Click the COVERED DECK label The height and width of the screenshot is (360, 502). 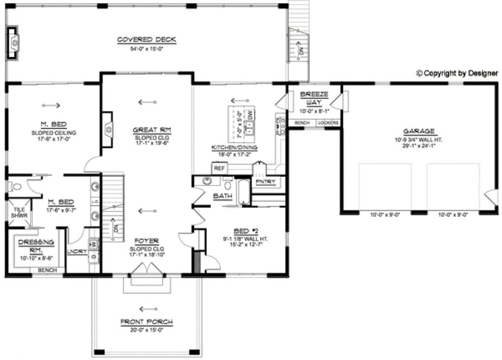coord(146,40)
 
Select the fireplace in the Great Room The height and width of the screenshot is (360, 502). coord(107,129)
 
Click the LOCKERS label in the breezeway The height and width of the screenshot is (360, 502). coord(328,123)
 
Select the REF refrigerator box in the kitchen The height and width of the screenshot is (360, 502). coord(219,169)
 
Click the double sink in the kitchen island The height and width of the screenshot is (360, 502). coord(250,128)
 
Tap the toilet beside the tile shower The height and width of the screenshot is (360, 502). coord(16,187)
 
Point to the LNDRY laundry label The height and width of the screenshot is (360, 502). coord(76,252)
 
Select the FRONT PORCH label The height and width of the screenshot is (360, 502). coord(146,322)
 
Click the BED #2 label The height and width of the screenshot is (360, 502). coord(246,230)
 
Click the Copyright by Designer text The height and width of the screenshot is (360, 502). coord(456,73)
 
